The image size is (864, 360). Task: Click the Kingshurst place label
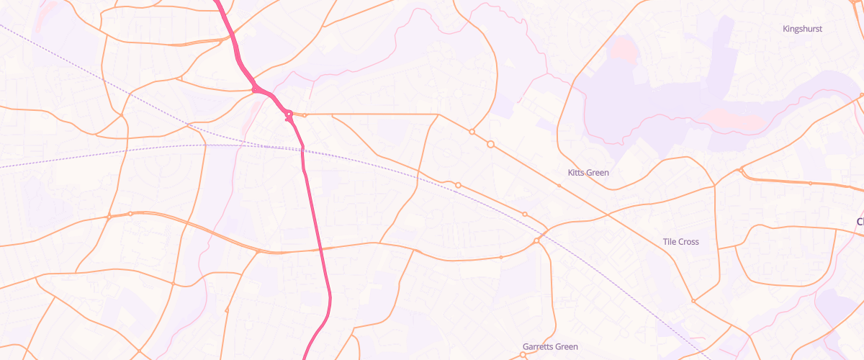tap(802, 29)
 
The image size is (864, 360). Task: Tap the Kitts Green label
tap(588, 173)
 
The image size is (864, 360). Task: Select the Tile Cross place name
tap(680, 242)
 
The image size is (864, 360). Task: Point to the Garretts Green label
tap(550, 347)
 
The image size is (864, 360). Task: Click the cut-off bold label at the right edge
tap(860, 222)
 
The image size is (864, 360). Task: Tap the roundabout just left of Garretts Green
tap(523, 354)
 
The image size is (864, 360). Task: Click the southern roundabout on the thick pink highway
tap(288, 114)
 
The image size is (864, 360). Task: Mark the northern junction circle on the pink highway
tap(256, 89)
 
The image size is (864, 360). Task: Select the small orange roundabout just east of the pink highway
tap(305, 115)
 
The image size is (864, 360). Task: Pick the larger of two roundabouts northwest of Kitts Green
tap(491, 145)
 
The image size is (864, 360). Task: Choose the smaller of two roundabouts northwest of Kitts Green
tap(472, 132)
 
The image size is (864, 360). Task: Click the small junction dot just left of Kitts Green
tap(559, 186)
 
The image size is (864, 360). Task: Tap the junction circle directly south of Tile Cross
tap(693, 300)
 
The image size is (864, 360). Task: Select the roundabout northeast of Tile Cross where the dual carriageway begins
tap(741, 171)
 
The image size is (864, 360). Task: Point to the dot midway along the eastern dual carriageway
tap(810, 184)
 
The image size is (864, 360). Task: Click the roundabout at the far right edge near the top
tap(861, 95)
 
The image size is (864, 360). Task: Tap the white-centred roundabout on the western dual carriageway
tap(130, 214)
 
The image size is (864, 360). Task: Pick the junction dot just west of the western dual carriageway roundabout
tap(109, 217)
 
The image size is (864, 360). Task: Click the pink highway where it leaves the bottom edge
tap(305, 357)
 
